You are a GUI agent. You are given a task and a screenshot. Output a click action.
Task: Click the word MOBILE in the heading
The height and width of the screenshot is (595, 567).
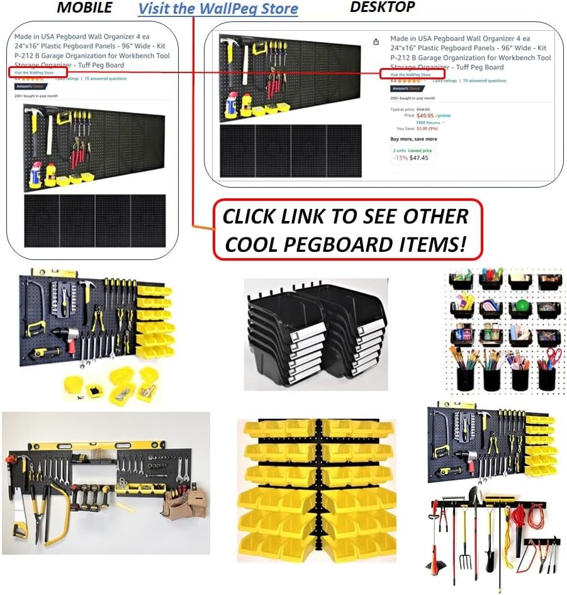84,8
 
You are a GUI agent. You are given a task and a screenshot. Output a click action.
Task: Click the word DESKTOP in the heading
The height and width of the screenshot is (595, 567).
382,7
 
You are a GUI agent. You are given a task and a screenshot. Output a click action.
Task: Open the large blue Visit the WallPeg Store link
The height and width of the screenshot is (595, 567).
218,9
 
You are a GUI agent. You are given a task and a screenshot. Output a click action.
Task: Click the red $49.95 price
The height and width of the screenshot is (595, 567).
425,116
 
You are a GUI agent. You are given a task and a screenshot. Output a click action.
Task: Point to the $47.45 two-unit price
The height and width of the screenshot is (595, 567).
419,158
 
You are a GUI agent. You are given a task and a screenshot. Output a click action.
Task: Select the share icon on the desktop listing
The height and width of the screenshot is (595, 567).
376,42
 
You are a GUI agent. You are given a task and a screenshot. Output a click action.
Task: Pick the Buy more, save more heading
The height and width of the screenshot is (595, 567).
413,139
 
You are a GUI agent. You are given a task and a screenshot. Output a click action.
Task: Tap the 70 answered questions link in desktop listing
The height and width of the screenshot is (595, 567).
485,81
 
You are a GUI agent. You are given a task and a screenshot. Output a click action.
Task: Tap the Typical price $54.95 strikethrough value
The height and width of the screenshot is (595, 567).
432,110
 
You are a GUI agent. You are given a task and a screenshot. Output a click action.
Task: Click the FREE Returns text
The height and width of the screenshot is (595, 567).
428,123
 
